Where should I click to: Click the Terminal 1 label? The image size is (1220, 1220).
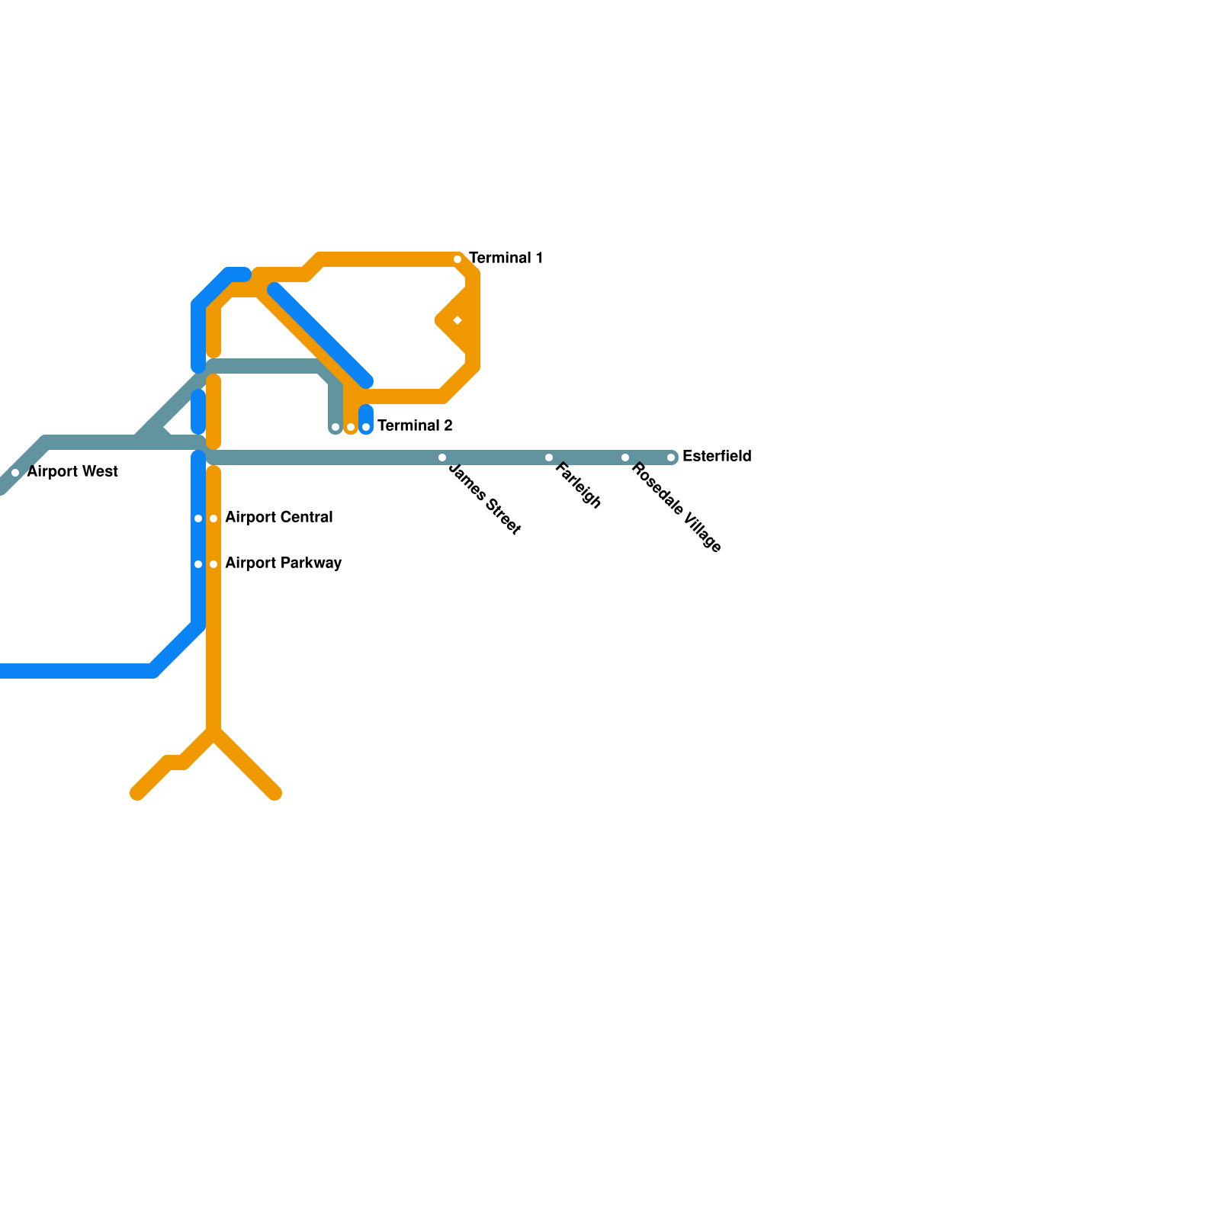pyautogui.click(x=506, y=258)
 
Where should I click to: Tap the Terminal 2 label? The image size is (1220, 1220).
pyautogui.click(x=415, y=425)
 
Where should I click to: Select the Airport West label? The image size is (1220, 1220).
pyautogui.click(x=72, y=471)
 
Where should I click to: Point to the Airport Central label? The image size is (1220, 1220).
pyautogui.click(x=279, y=517)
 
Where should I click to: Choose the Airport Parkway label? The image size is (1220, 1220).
pyautogui.click(x=284, y=563)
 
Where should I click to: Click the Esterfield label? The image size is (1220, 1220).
pyautogui.click(x=717, y=456)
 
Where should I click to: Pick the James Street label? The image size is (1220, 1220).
pyautogui.click(x=485, y=499)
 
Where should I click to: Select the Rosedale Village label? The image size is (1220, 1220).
pyautogui.click(x=676, y=507)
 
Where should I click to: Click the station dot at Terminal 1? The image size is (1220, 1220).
pyautogui.click(x=457, y=259)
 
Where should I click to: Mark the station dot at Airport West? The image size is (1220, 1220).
pyautogui.click(x=15, y=473)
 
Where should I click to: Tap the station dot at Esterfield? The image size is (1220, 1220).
pyautogui.click(x=671, y=457)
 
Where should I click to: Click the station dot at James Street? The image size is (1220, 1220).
pyautogui.click(x=442, y=457)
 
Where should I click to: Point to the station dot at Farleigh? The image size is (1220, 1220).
pyautogui.click(x=549, y=457)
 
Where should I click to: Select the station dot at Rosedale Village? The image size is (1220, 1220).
pyautogui.click(x=625, y=457)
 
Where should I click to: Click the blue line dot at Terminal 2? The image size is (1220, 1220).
pyautogui.click(x=366, y=427)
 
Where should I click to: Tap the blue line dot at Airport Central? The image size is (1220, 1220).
pyautogui.click(x=198, y=518)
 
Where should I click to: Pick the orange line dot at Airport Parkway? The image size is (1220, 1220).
pyautogui.click(x=213, y=564)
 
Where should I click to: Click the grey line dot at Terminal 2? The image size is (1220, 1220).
pyautogui.click(x=335, y=427)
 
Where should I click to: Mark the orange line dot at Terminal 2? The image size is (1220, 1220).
pyautogui.click(x=351, y=427)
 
